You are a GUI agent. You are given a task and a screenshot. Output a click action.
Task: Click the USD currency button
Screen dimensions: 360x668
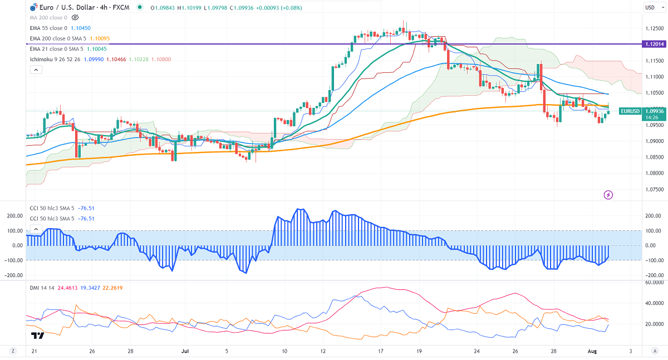650,7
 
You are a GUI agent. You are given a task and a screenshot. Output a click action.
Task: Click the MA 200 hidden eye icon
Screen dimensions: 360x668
75,18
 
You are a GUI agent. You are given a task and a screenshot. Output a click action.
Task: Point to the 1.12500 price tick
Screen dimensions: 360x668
652,28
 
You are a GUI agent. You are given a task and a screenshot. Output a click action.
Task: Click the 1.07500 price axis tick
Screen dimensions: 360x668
652,190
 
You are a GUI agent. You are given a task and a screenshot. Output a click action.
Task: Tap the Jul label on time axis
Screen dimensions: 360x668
185,352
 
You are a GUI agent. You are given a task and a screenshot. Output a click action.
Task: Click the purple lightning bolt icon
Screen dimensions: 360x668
608,195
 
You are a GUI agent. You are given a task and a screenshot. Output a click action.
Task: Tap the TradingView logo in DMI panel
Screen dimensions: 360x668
37,336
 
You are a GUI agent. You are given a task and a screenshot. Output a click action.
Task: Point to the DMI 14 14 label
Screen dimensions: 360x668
42,288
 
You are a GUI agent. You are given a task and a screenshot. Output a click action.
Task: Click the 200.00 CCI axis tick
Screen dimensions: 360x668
652,216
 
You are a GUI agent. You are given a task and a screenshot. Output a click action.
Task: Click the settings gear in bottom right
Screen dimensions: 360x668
655,352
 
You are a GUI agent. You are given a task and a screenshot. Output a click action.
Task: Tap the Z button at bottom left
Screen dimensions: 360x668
12,352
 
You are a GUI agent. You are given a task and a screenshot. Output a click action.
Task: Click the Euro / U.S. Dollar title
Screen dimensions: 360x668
62,7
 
